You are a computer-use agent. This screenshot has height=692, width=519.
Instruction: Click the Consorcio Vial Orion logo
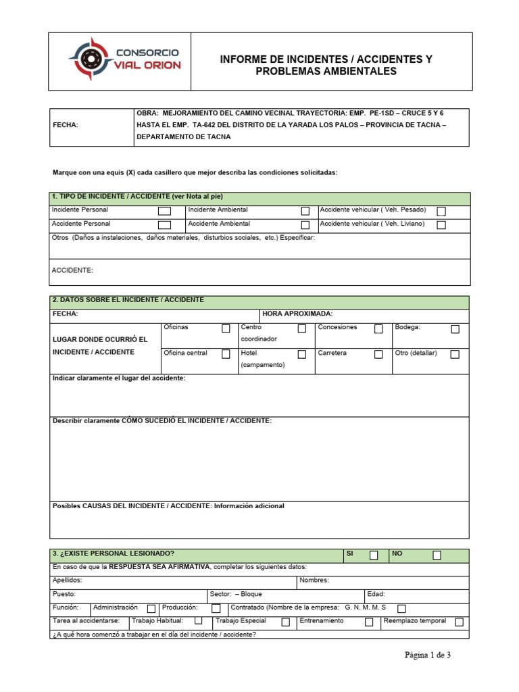pyautogui.click(x=119, y=61)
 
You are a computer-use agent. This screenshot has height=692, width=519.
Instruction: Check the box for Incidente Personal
pyautogui.click(x=164, y=211)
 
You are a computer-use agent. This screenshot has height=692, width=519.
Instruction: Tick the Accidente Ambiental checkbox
pyautogui.click(x=305, y=225)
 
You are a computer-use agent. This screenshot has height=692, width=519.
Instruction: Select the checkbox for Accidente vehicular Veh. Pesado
pyautogui.click(x=441, y=211)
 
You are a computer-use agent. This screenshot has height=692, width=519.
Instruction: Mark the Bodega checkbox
pyautogui.click(x=455, y=329)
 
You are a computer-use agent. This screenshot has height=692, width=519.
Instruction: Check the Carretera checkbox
pyautogui.click(x=378, y=354)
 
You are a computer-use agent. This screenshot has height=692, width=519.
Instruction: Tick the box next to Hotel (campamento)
pyautogui.click(x=302, y=354)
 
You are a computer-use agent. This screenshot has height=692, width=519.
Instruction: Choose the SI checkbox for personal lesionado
pyautogui.click(x=374, y=555)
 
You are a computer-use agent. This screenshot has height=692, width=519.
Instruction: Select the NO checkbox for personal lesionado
pyautogui.click(x=437, y=555)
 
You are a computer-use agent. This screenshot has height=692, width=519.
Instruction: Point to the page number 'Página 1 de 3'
pyautogui.click(x=427, y=655)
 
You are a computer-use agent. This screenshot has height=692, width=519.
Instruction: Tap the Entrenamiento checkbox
pyautogui.click(x=369, y=622)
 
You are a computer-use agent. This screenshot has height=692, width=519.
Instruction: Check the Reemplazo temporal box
pyautogui.click(x=460, y=622)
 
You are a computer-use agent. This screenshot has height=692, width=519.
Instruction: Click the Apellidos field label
pyautogui.click(x=67, y=580)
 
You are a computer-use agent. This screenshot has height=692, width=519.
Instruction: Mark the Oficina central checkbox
pyautogui.click(x=226, y=354)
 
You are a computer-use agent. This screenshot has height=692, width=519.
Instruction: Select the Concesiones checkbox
pyautogui.click(x=378, y=329)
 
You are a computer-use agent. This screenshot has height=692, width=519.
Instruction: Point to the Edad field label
pyautogui.click(x=376, y=594)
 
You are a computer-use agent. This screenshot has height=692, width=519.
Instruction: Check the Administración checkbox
pyautogui.click(x=151, y=608)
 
